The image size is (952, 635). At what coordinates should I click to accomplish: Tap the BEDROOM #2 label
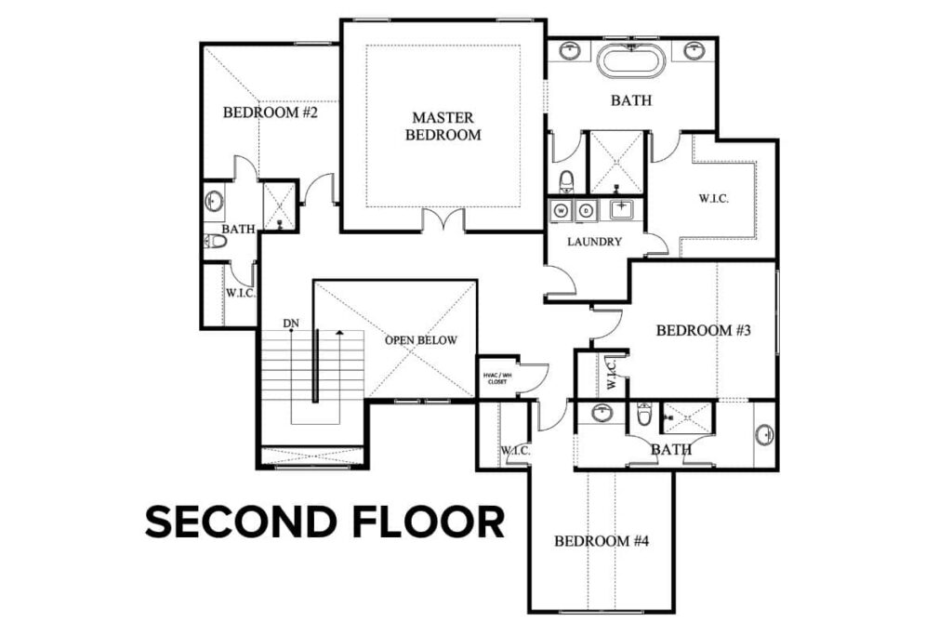click(x=271, y=113)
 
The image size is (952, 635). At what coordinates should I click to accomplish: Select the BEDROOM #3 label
click(x=703, y=330)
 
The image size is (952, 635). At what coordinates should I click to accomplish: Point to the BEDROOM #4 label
click(x=601, y=541)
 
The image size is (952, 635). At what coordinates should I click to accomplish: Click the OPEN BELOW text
click(x=421, y=340)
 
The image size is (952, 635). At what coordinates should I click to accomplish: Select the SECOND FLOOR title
click(x=324, y=522)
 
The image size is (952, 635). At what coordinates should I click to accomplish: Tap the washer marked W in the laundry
click(x=562, y=210)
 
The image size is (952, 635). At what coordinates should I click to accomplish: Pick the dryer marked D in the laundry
click(x=586, y=210)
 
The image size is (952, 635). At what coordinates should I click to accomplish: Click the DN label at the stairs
click(x=291, y=324)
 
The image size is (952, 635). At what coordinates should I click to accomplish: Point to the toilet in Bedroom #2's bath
click(x=215, y=242)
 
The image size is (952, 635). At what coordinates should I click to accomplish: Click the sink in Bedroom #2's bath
click(x=214, y=200)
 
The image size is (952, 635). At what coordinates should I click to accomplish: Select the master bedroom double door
click(x=443, y=220)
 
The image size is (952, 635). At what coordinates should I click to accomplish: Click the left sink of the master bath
click(x=570, y=50)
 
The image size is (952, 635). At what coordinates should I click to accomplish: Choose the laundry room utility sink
click(x=620, y=210)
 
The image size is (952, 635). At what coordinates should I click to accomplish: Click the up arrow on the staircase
click(x=340, y=333)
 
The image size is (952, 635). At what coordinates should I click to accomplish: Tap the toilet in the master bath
click(x=567, y=179)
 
